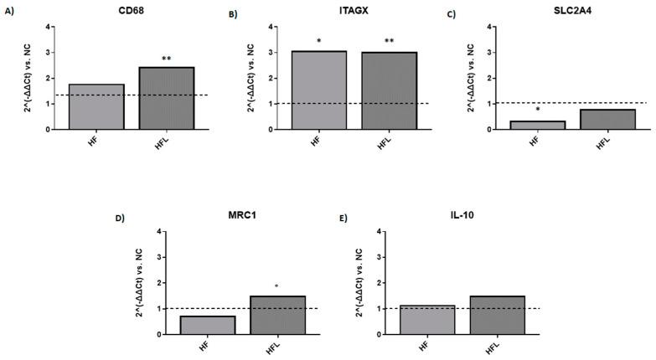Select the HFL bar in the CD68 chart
[166, 98]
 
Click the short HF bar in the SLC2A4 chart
[537, 126]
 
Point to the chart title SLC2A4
[572, 11]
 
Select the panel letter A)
[9, 12]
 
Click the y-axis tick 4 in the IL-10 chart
[382, 231]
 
